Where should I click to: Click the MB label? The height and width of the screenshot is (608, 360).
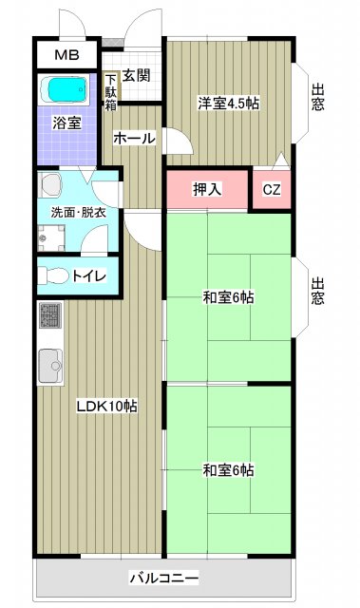66,55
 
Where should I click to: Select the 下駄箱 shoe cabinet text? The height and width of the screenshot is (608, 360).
111,92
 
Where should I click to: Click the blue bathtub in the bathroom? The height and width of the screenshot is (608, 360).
66,91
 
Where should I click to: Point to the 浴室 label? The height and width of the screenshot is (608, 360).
66,123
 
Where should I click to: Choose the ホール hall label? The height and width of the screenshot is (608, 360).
134,139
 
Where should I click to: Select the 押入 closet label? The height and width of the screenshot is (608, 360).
207,189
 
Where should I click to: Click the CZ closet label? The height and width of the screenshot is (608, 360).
272,189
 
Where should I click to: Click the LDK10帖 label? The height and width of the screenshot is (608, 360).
107,406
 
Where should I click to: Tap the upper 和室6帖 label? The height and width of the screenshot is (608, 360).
228,297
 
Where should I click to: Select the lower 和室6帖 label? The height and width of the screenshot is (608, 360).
228,469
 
